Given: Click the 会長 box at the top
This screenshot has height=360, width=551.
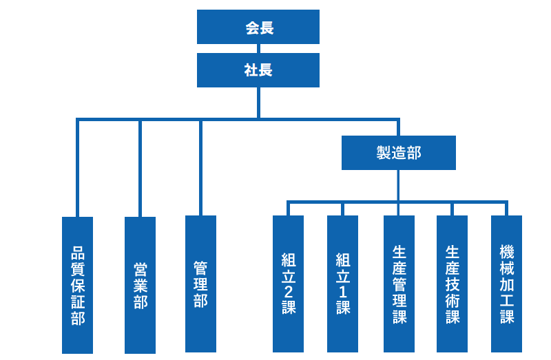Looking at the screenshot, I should (x=258, y=27).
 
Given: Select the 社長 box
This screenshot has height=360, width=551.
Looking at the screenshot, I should (x=258, y=70).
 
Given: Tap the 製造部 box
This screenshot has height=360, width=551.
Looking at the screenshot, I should (x=398, y=153).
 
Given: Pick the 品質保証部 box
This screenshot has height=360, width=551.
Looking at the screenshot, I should (x=77, y=285).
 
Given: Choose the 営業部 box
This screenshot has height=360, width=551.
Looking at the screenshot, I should (x=140, y=285).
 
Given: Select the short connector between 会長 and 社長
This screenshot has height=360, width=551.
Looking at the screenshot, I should (x=258, y=48).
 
